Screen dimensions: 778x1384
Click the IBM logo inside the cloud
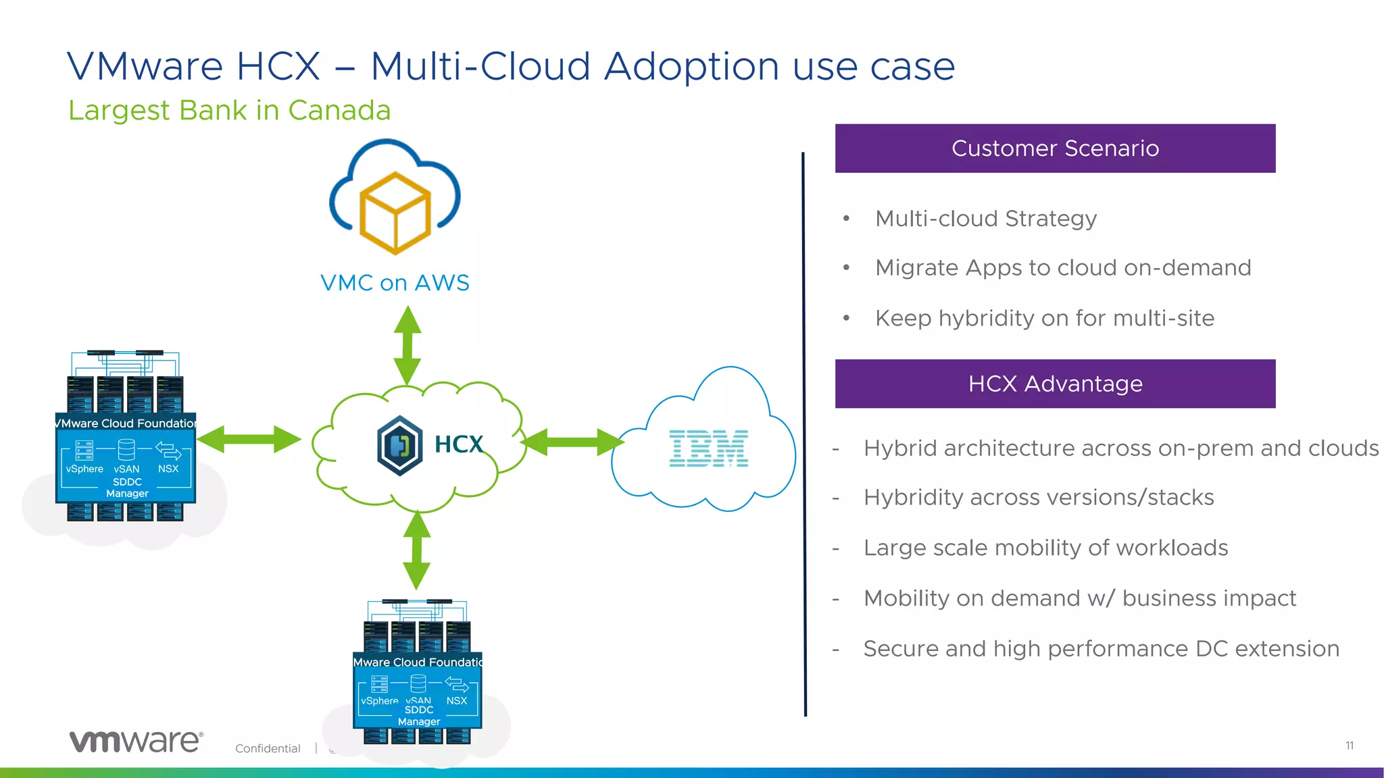click(x=708, y=448)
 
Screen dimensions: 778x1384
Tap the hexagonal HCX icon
click(x=400, y=446)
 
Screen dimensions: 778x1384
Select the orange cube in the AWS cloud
click(x=395, y=213)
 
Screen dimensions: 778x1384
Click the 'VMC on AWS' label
click(x=395, y=282)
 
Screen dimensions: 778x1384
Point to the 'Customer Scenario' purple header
click(x=1055, y=149)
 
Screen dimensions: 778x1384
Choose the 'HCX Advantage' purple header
click(x=1055, y=384)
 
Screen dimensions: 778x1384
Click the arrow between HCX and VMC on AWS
click(x=407, y=345)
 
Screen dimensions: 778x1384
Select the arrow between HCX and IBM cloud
click(x=573, y=442)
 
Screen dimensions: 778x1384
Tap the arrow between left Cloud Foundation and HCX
click(x=249, y=440)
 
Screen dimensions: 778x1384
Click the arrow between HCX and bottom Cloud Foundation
click(x=417, y=550)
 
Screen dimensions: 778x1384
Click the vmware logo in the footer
click(x=136, y=741)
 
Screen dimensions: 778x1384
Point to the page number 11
click(x=1349, y=746)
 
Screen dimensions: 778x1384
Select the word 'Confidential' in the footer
click(x=268, y=748)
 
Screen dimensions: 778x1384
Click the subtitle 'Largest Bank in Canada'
click(x=229, y=110)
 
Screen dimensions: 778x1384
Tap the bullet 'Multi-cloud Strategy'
click(x=985, y=219)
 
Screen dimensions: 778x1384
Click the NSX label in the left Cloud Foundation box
click(x=168, y=469)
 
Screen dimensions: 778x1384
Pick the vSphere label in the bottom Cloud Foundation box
click(x=379, y=701)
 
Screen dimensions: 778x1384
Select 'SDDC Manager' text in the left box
click(x=127, y=488)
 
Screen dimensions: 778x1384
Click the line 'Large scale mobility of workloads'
click(x=1045, y=548)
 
